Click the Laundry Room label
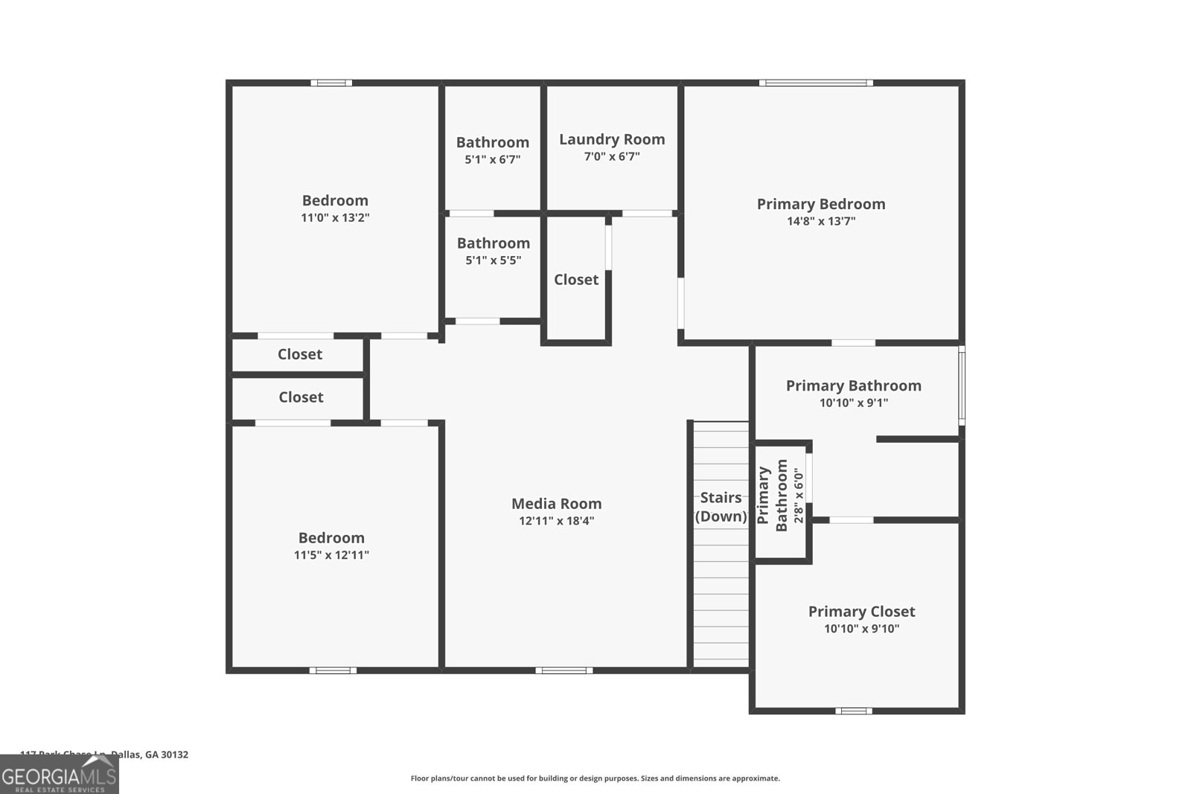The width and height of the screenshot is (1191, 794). (x=612, y=139)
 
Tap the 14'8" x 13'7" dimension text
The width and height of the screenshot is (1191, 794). (x=821, y=221)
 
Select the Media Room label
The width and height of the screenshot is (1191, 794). (x=556, y=504)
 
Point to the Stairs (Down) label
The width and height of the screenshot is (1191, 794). (x=721, y=507)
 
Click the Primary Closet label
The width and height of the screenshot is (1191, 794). (x=861, y=612)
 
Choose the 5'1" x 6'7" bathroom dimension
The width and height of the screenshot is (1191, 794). (x=492, y=159)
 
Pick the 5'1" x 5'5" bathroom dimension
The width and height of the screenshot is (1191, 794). (x=493, y=260)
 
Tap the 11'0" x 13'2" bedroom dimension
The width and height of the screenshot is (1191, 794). (x=335, y=218)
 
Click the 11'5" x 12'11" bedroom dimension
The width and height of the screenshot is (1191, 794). (x=331, y=555)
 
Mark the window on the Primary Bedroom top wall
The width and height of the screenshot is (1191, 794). (x=816, y=83)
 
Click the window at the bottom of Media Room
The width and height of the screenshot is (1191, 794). (x=564, y=670)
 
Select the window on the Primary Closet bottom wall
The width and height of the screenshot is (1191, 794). (x=853, y=711)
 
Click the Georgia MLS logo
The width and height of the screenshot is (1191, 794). (x=60, y=775)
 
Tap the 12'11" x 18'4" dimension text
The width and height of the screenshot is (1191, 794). (x=556, y=521)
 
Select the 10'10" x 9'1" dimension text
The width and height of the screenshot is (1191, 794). (x=854, y=403)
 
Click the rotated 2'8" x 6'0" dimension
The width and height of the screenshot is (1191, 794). (x=799, y=496)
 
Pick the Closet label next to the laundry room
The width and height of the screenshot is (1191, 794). (x=576, y=280)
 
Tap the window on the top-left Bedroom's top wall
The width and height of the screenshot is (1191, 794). (x=331, y=83)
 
